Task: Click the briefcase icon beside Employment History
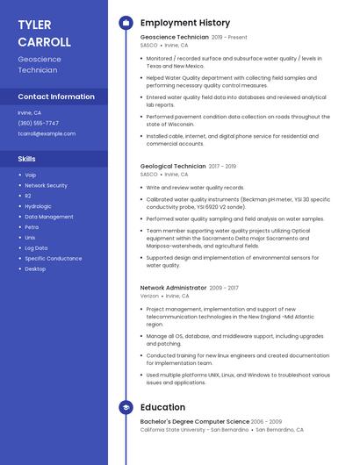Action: pyautogui.click(x=126, y=23)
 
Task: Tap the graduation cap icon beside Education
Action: pyautogui.click(x=126, y=407)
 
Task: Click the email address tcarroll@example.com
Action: pyautogui.click(x=47, y=134)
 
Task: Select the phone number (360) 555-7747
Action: pyautogui.click(x=39, y=124)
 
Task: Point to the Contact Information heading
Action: pyautogui.click(x=56, y=97)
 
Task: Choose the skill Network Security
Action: pyautogui.click(x=46, y=186)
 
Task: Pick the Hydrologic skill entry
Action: pyautogui.click(x=38, y=206)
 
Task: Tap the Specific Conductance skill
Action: pyautogui.click(x=53, y=259)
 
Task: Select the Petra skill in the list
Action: pyautogui.click(x=32, y=227)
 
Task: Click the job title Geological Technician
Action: pyautogui.click(x=173, y=166)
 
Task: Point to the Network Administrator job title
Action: pyautogui.click(x=174, y=287)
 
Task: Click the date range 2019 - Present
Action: pyautogui.click(x=229, y=38)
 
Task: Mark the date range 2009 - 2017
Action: pyautogui.click(x=224, y=287)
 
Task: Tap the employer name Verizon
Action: pyautogui.click(x=149, y=297)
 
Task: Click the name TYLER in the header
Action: pyautogui.click(x=34, y=25)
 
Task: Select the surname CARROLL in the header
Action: pyautogui.click(x=44, y=42)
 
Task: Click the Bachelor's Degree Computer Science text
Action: pyautogui.click(x=195, y=422)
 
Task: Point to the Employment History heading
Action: pyautogui.click(x=185, y=23)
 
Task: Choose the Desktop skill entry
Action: pyautogui.click(x=35, y=269)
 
